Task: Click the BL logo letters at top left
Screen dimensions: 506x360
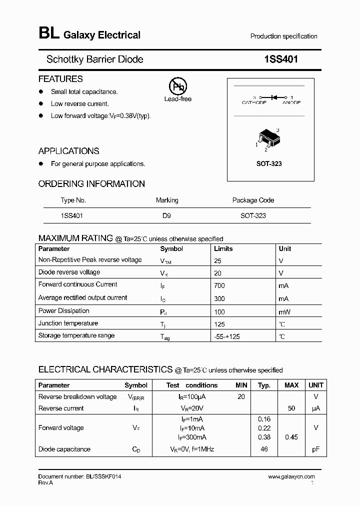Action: [x=48, y=34]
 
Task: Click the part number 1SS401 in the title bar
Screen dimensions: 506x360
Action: [x=281, y=59]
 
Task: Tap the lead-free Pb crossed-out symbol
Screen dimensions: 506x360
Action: [x=177, y=86]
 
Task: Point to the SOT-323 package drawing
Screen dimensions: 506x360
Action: [x=267, y=138]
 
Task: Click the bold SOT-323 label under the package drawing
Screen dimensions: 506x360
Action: [x=269, y=164]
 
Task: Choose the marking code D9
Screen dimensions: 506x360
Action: [x=167, y=215]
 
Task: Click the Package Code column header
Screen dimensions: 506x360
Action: [x=253, y=200]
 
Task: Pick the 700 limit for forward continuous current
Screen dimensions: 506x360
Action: [x=219, y=285]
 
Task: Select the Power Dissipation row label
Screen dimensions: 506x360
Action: [x=64, y=310]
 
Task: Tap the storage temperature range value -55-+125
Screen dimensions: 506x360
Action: [x=226, y=336]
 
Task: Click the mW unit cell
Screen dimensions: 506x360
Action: [x=284, y=311]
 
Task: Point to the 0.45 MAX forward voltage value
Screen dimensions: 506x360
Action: [x=291, y=437]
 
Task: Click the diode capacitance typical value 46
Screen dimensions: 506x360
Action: [x=264, y=449]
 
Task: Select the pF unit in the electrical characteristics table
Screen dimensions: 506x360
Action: [x=315, y=449]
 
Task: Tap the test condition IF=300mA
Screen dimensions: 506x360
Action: [x=192, y=437]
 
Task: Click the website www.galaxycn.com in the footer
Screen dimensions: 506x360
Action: [x=291, y=477]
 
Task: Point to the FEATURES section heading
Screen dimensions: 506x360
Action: [x=60, y=79]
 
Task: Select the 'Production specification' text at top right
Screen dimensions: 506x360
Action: [x=283, y=36]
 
